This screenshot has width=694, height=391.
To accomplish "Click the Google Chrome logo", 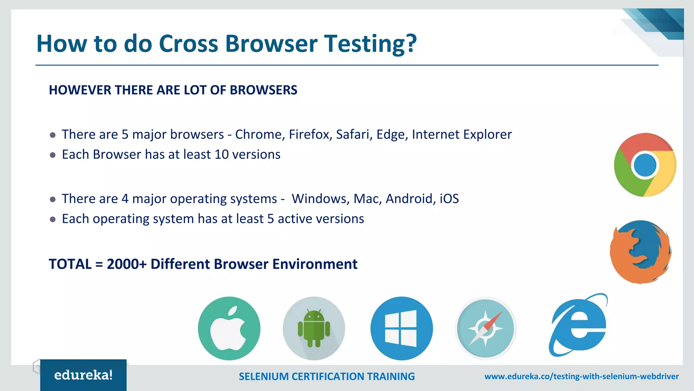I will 645,165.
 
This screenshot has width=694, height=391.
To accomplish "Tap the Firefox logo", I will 640,252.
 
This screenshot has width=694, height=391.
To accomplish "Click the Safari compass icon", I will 485,328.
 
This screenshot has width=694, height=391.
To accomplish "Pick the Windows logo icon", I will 402,328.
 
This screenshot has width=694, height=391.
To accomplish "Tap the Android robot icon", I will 314,328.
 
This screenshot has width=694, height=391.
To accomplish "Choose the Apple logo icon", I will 229,328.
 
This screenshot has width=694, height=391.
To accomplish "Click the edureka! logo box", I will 83,375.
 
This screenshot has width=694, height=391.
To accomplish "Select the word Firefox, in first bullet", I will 310,134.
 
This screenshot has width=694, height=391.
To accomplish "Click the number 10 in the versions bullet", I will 222,154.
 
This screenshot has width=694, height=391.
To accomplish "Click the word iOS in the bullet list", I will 449,199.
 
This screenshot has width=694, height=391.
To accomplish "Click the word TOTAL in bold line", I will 70,264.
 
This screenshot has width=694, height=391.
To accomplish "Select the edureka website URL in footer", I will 581,376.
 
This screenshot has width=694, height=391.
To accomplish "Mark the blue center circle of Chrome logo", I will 645,165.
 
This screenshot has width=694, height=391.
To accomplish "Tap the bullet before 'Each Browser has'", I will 53,155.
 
